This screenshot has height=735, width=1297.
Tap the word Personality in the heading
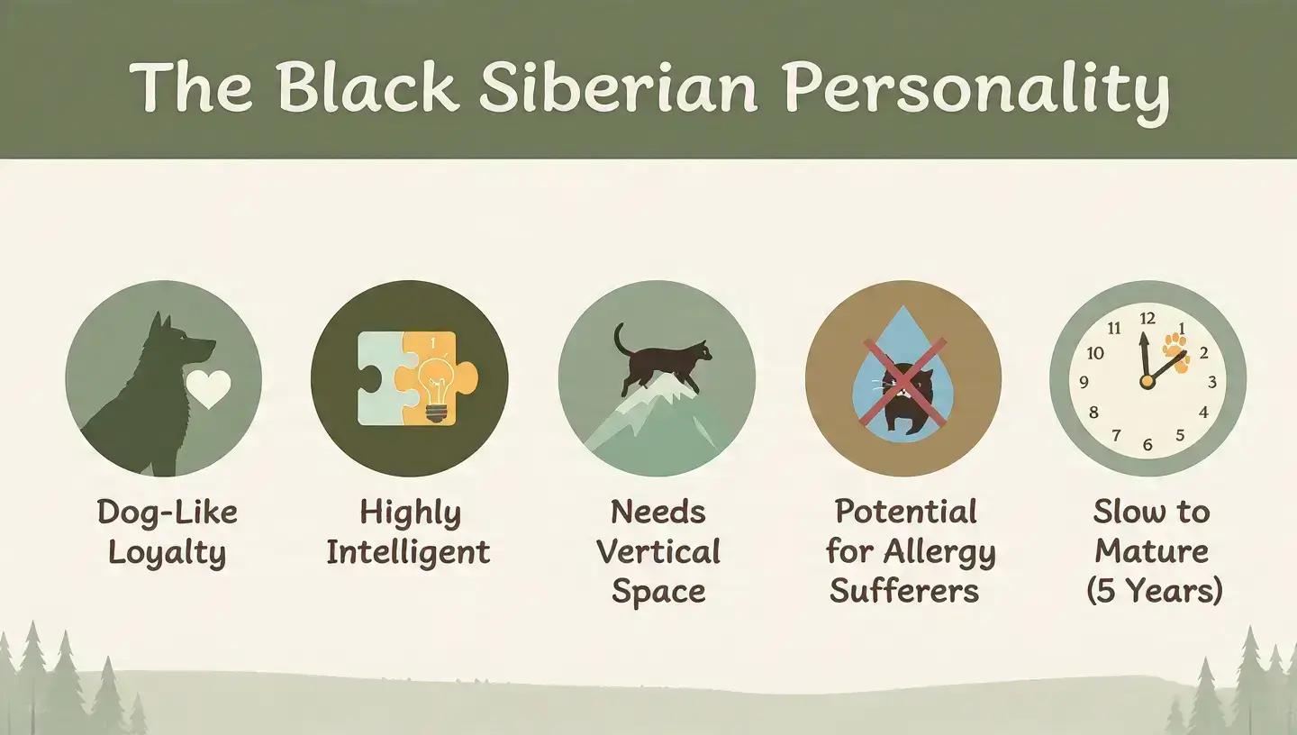tap(976, 87)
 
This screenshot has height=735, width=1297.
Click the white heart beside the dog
tap(209, 390)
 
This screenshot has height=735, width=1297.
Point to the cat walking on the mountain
tap(664, 354)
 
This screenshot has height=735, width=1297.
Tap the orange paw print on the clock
tap(1175, 349)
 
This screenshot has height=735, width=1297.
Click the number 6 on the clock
tap(1147, 444)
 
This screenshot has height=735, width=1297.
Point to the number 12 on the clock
tap(1147, 318)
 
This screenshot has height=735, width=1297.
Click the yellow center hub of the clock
tap(1147, 382)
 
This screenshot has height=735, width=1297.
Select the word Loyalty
tap(167, 553)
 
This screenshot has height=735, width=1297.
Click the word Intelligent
tap(408, 552)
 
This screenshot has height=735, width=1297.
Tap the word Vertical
tap(658, 552)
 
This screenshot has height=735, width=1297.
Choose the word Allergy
tap(941, 552)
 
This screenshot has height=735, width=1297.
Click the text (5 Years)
tap(1154, 592)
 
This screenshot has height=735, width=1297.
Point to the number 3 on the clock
tap(1211, 382)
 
